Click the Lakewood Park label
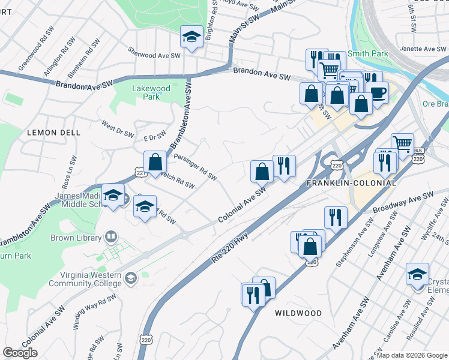click(x=151, y=92)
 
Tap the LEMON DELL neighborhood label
click(x=49, y=133)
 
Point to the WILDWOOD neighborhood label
click(x=298, y=313)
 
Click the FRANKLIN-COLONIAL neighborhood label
click(x=351, y=182)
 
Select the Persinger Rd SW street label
click(x=194, y=166)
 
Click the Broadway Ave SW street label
click(x=403, y=204)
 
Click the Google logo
click(x=20, y=353)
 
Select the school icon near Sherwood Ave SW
click(x=191, y=38)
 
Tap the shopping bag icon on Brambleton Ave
click(x=155, y=161)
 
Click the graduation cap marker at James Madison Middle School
click(x=113, y=195)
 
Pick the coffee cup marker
click(x=378, y=92)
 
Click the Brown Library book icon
click(x=110, y=237)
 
